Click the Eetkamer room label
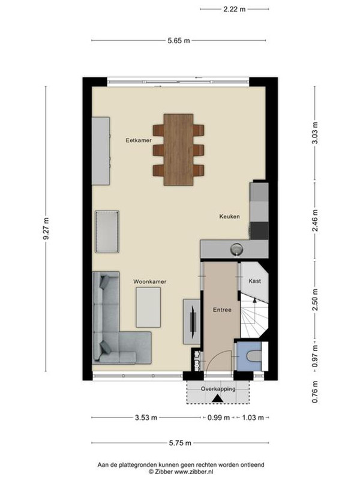[x=139, y=140]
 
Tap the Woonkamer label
[x=149, y=281]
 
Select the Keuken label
[x=229, y=217]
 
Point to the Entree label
[x=222, y=310]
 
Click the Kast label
[x=254, y=281]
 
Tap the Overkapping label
[x=218, y=389]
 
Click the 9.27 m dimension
[x=46, y=229]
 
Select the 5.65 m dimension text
[x=179, y=40]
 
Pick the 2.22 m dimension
[x=235, y=9]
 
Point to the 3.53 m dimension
[x=146, y=418]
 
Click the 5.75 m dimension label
[x=180, y=443]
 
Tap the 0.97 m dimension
[x=315, y=356]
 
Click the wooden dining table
[x=178, y=149]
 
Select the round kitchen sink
[x=236, y=248]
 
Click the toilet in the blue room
[x=254, y=356]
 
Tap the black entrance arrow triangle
[x=217, y=398]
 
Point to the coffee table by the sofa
[x=148, y=307]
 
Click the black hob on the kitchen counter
[x=259, y=230]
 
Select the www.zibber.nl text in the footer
[x=194, y=472]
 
